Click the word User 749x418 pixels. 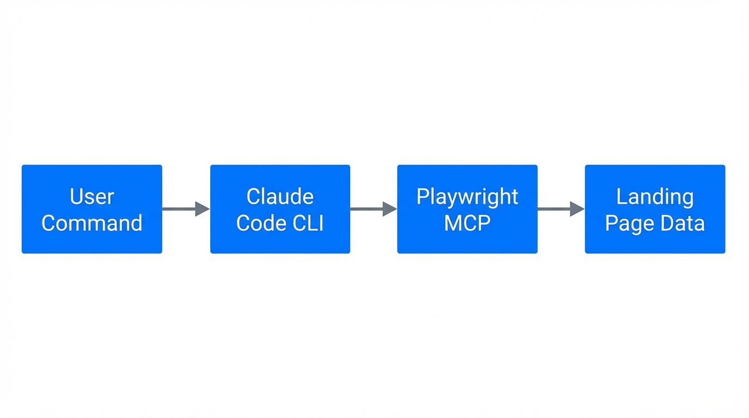coord(92,196)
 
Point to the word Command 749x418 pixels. coord(92,223)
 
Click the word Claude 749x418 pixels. coord(280,196)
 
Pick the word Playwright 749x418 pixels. coord(467,196)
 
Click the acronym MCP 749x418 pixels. coord(467,223)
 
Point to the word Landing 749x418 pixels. coord(655,196)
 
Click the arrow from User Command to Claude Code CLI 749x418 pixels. coord(182,208)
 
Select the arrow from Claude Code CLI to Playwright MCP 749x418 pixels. coord(370,208)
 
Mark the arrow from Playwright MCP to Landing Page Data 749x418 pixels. coord(558,208)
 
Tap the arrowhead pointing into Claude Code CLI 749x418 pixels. coord(202,208)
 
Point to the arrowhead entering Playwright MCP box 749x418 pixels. coord(390,208)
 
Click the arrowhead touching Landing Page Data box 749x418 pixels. coord(577,208)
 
